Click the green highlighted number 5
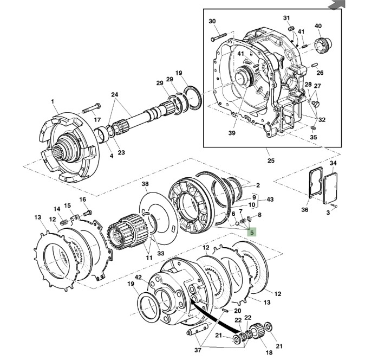click(x=251, y=230)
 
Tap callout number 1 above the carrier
click(x=53, y=101)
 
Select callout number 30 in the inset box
click(x=212, y=21)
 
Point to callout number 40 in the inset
click(x=317, y=25)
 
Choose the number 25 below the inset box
click(x=271, y=160)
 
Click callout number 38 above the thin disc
click(x=145, y=185)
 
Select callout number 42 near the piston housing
click(x=139, y=277)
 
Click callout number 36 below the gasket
click(x=304, y=210)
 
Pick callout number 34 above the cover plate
click(x=333, y=163)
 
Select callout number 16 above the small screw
click(x=83, y=200)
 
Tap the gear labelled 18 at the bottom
click(x=257, y=332)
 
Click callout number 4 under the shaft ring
click(x=111, y=156)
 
